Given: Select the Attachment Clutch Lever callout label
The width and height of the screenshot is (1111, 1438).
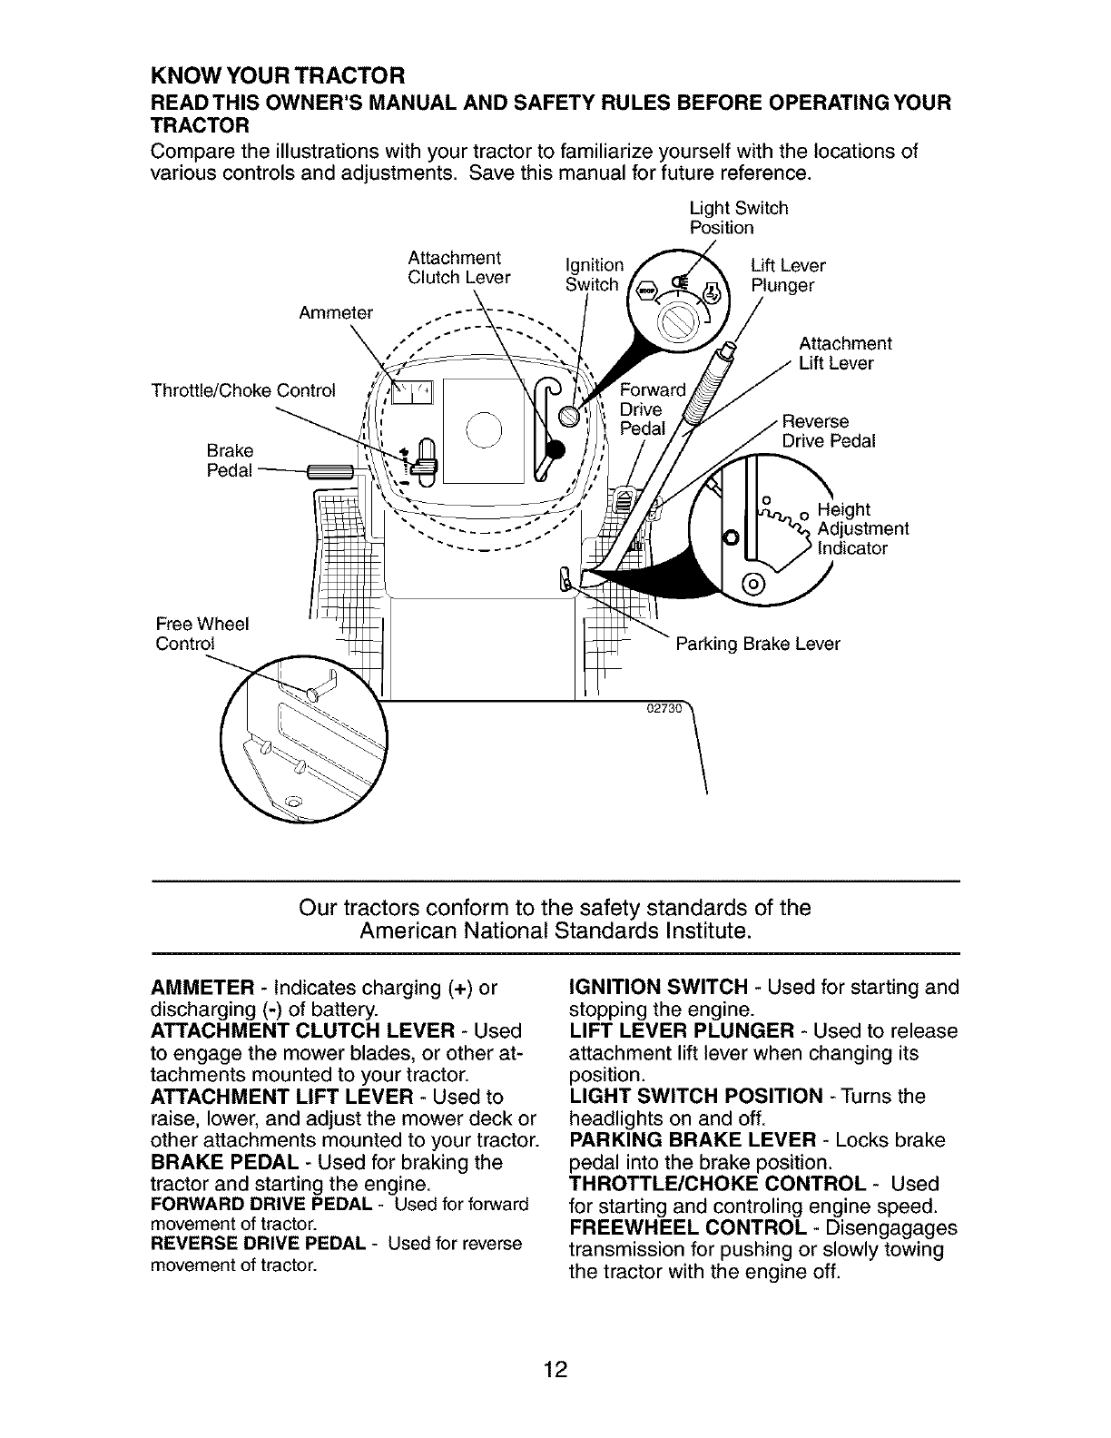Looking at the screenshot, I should tap(458, 267).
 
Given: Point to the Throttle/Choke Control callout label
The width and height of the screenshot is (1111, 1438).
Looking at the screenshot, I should tap(243, 391).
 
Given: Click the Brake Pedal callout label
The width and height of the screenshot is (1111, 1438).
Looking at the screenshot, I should tap(230, 461).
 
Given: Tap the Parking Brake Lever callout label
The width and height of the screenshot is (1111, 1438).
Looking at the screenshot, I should tap(758, 644).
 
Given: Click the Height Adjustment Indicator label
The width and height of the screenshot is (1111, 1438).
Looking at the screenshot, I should tap(862, 528).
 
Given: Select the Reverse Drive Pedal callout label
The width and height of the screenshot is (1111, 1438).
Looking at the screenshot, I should tap(829, 431).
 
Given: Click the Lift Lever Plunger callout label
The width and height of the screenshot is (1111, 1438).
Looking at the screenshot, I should tap(788, 275).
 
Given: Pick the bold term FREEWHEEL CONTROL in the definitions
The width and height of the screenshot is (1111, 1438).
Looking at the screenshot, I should tap(687, 1228).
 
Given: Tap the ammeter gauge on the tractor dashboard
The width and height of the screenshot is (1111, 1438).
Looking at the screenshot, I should tap(412, 391).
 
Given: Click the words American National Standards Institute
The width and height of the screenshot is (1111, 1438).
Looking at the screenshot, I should tap(555, 931).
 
